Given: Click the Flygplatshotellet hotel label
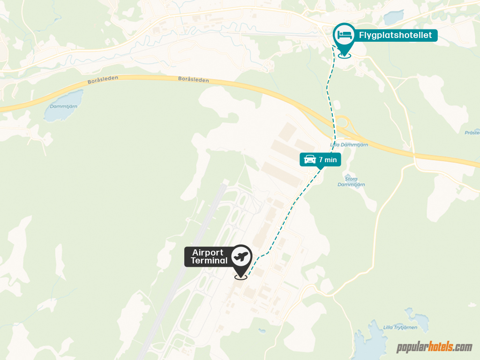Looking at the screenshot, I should [x=395, y=35].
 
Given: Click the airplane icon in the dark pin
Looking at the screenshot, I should [x=241, y=256].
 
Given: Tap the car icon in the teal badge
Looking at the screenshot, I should [x=310, y=160].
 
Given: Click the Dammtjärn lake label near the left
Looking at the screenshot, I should [x=63, y=106].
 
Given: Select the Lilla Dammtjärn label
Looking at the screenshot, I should [x=349, y=145].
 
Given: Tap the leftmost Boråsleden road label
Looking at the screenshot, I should [x=102, y=81].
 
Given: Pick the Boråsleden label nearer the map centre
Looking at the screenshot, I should [x=194, y=80].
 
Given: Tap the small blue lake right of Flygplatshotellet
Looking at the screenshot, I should [x=394, y=17].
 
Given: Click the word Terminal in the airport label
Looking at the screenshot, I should [x=209, y=261].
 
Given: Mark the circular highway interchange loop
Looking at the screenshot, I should [x=341, y=123].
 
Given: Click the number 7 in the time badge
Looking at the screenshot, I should [x=321, y=160].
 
